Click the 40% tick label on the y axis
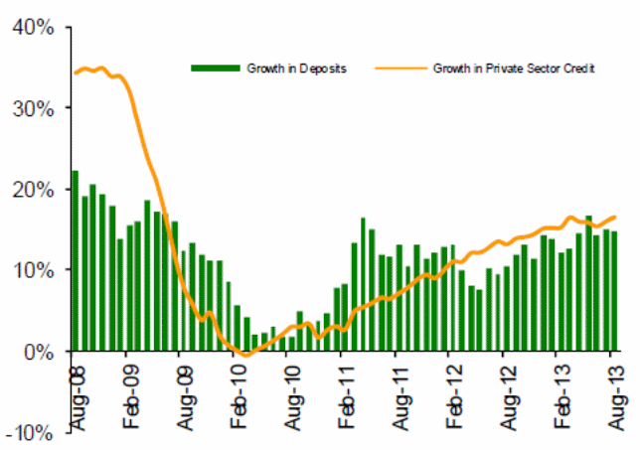32,26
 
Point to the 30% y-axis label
32,107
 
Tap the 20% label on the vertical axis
32,189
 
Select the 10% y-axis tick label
32,269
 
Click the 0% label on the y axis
38,351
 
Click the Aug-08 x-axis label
75,397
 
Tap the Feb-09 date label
128,397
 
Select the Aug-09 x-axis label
182,397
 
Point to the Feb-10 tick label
237,397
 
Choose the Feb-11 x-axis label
344,397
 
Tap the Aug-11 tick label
398,397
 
